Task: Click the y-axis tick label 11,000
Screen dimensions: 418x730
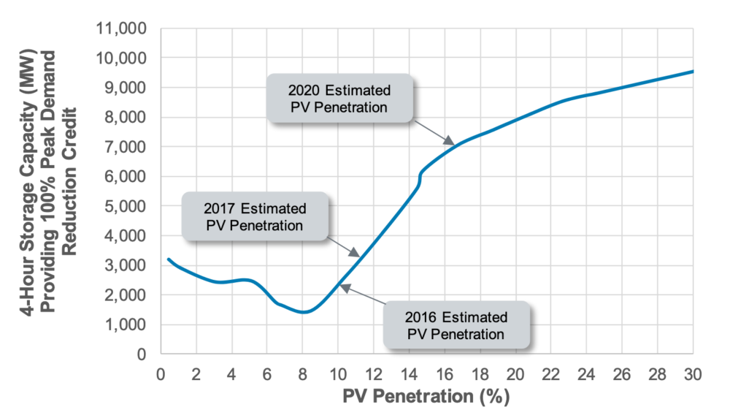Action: coord(122,28)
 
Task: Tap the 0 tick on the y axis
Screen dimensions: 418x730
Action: coord(143,354)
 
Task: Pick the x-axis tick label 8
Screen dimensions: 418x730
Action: coord(303,374)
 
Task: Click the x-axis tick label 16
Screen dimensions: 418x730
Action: coord(445,374)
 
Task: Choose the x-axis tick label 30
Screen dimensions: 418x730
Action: coord(693,374)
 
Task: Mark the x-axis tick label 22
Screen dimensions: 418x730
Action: coord(551,374)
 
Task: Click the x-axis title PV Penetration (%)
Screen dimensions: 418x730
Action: coord(427,398)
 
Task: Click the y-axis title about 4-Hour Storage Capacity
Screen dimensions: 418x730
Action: coord(50,191)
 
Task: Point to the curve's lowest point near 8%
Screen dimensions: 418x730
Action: coord(303,312)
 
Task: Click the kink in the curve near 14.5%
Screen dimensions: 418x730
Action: coord(420,175)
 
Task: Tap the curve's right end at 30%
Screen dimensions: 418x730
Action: coord(692,72)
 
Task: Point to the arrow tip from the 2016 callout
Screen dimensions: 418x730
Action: coord(341,286)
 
